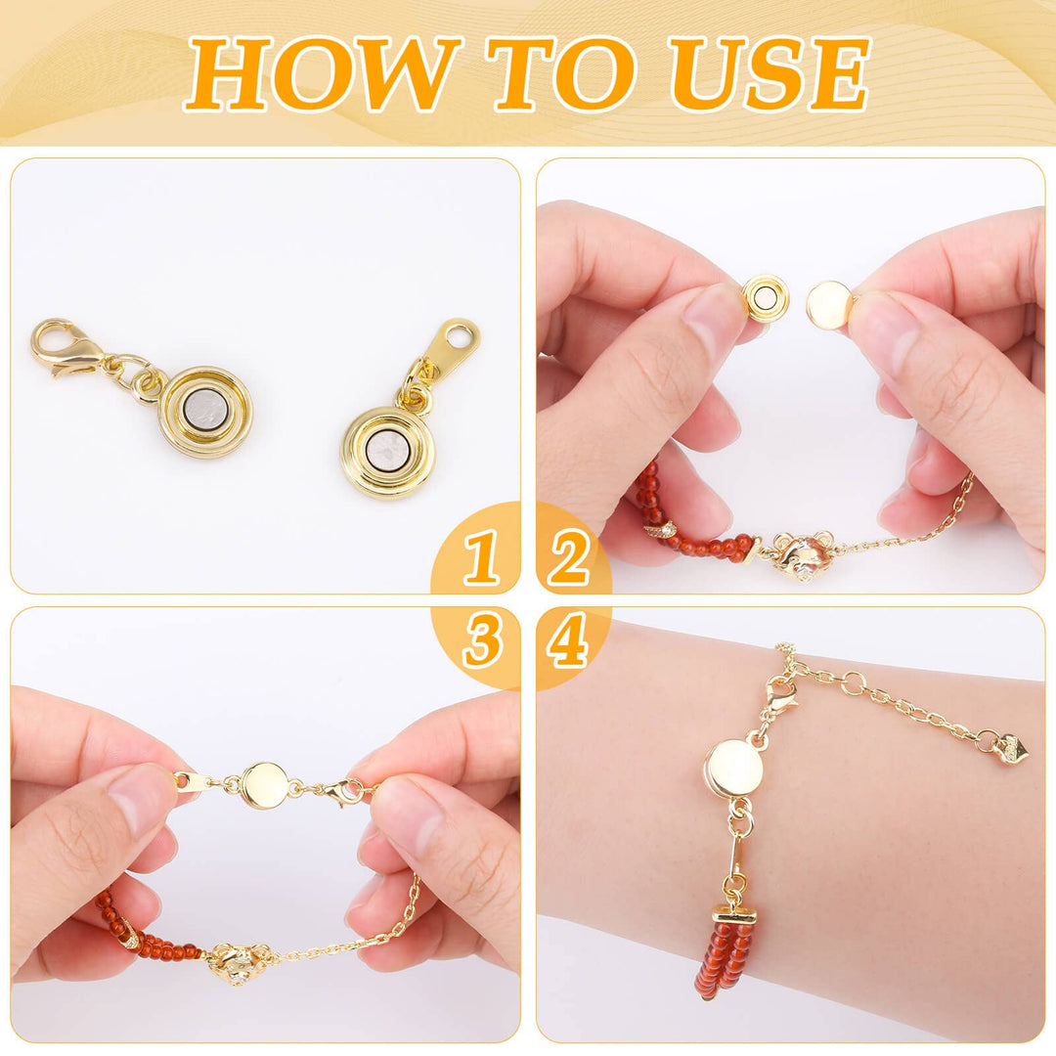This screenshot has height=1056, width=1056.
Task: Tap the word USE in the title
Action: (x=769, y=73)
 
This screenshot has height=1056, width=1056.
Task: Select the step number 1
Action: (x=480, y=556)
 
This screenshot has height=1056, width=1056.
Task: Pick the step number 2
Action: (x=569, y=556)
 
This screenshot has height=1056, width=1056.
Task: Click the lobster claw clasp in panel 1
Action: (x=64, y=350)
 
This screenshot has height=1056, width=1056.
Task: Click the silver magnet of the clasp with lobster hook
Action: (x=206, y=412)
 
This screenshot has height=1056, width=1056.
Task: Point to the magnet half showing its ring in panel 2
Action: (x=765, y=296)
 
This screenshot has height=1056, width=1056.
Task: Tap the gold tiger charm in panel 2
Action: (x=800, y=555)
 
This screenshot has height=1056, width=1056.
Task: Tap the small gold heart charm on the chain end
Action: (x=1011, y=746)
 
